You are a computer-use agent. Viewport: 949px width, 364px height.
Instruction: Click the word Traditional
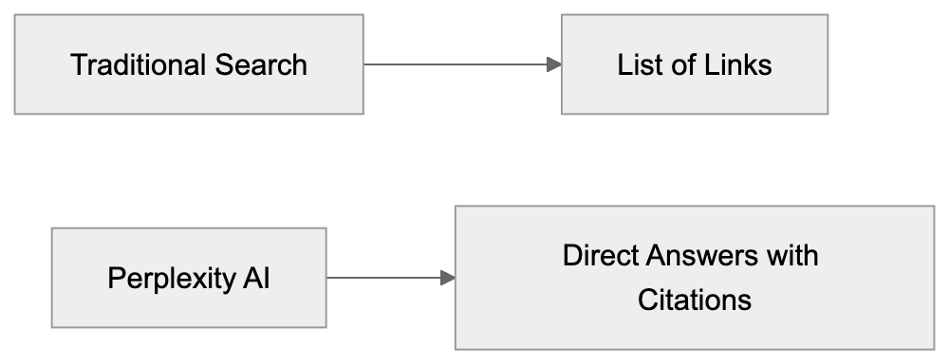(132, 65)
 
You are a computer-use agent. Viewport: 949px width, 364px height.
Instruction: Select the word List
(637, 65)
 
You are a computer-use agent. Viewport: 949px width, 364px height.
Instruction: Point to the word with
(795, 256)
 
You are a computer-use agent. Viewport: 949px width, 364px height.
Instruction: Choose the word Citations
(695, 300)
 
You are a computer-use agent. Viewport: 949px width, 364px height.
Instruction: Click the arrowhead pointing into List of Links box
(553, 64)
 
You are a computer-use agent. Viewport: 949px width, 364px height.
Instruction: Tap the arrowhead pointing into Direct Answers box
(447, 278)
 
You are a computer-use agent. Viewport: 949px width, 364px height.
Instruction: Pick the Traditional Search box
(189, 95)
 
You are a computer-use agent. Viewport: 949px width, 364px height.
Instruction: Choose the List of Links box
(694, 95)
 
